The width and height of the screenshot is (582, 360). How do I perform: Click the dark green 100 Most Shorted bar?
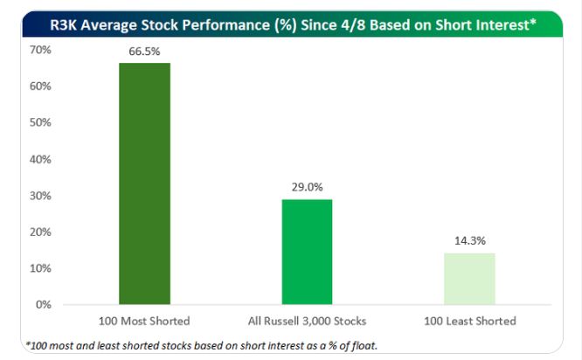[x=144, y=183]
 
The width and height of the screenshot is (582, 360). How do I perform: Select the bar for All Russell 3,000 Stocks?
[x=307, y=252]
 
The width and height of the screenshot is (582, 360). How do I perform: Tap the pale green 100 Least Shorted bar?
[x=469, y=279]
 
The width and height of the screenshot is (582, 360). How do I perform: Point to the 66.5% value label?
[x=144, y=52]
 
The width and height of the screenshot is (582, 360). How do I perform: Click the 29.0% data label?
[x=307, y=188]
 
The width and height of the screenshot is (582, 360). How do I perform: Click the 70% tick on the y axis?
[x=40, y=51]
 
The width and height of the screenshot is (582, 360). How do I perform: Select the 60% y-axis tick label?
[x=40, y=87]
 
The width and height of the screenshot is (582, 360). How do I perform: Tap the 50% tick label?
[x=40, y=123]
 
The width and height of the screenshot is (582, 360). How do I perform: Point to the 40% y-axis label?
[x=40, y=160]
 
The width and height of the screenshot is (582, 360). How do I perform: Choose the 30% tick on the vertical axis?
[x=40, y=196]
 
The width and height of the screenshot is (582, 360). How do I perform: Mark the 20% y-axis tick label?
[x=40, y=232]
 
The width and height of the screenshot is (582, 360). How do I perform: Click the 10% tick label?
[x=40, y=268]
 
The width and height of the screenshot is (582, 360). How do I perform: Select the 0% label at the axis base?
[x=43, y=305]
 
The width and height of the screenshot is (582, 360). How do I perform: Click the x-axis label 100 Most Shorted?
[x=144, y=322]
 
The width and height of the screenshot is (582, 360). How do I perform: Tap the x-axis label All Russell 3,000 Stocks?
[x=307, y=322]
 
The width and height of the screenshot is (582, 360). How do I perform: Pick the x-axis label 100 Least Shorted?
[x=469, y=322]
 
